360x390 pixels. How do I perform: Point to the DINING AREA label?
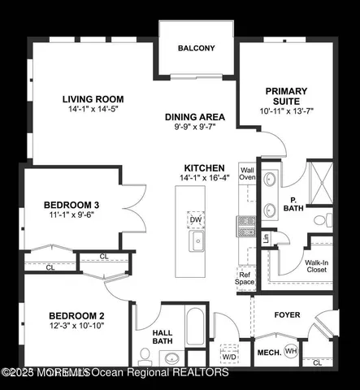tap(195, 117)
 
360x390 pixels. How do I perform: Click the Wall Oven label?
tap(247, 172)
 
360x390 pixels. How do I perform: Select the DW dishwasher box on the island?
tap(196, 219)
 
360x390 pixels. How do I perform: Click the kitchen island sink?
tap(196, 241)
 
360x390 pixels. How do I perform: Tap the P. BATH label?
tap(298, 204)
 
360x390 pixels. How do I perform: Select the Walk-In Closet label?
tap(316, 267)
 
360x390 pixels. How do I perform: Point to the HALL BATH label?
tap(163, 336)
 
